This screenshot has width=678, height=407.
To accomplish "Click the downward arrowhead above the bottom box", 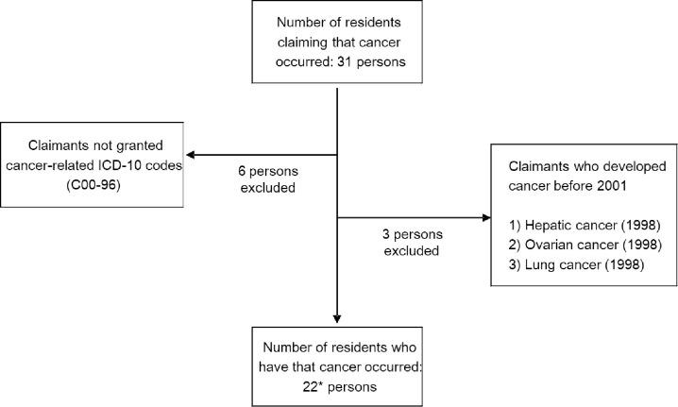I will pyautogui.click(x=337, y=317).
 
